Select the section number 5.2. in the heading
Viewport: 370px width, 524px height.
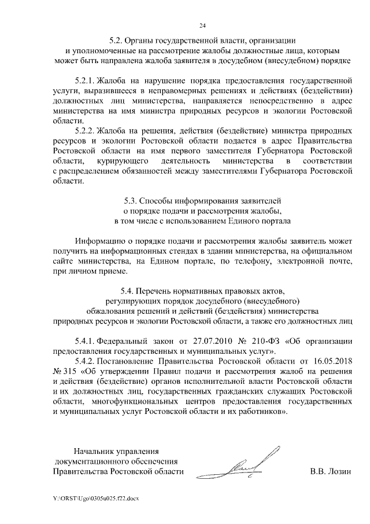click(x=119, y=41)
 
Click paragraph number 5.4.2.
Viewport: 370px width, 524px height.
click(x=85, y=361)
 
